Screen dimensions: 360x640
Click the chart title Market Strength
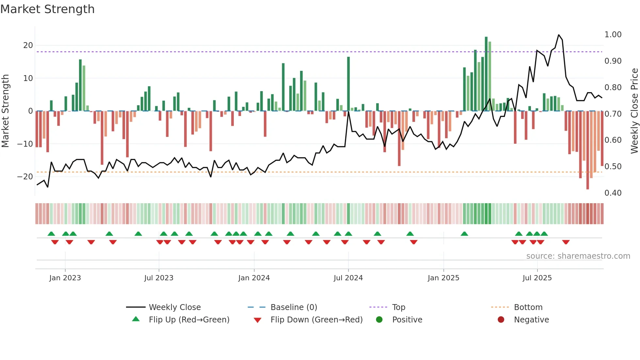tap(47, 9)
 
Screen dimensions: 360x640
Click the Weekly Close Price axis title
tap(634, 111)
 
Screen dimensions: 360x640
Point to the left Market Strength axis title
tap(5, 111)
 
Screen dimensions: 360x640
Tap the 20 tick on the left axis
tap(28, 45)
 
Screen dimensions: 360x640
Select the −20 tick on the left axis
tap(25, 177)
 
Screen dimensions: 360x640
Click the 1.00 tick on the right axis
tap(613, 35)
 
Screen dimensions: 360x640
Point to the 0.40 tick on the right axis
tap(613, 193)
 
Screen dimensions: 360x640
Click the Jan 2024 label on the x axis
tap(254, 278)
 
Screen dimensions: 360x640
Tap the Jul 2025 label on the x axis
tap(537, 278)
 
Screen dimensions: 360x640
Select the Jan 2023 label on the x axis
tap(65, 278)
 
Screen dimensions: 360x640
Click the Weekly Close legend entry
tap(174, 307)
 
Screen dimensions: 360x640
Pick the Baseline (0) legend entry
tap(294, 307)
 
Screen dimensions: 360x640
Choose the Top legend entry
tap(398, 307)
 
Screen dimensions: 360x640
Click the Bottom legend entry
tap(528, 307)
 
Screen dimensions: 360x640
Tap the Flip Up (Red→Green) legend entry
tap(189, 320)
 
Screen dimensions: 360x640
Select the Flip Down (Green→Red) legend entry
tap(316, 320)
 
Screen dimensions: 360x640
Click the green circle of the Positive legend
tap(379, 320)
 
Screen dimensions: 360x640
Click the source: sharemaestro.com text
tap(578, 256)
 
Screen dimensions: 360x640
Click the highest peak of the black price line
tap(559, 35)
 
